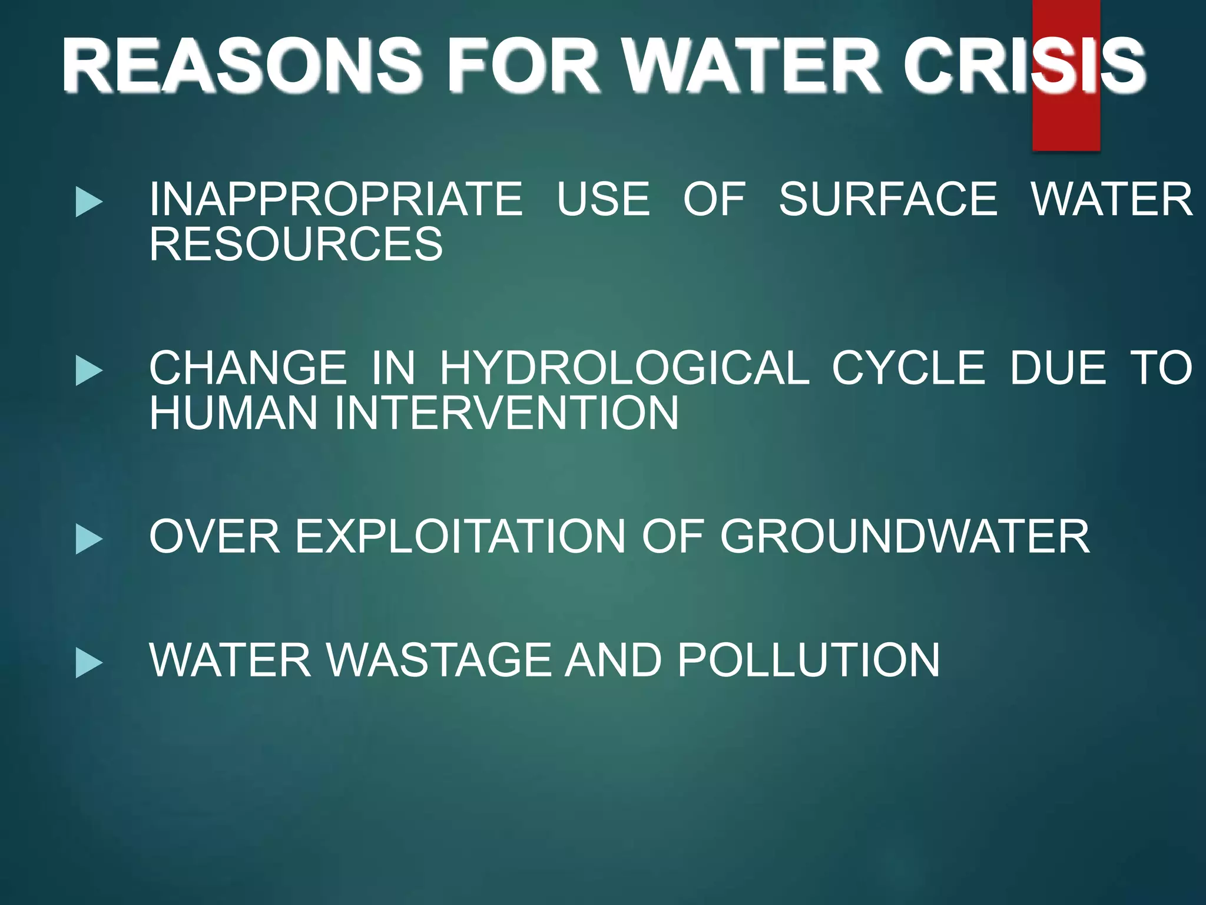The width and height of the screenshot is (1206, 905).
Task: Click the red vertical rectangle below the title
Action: click(1066, 127)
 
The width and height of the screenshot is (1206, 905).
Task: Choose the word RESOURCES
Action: click(296, 244)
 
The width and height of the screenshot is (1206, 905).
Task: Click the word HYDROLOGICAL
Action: click(625, 368)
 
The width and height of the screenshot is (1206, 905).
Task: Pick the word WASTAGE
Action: click(438, 660)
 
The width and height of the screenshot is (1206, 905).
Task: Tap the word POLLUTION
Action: click(809, 660)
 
